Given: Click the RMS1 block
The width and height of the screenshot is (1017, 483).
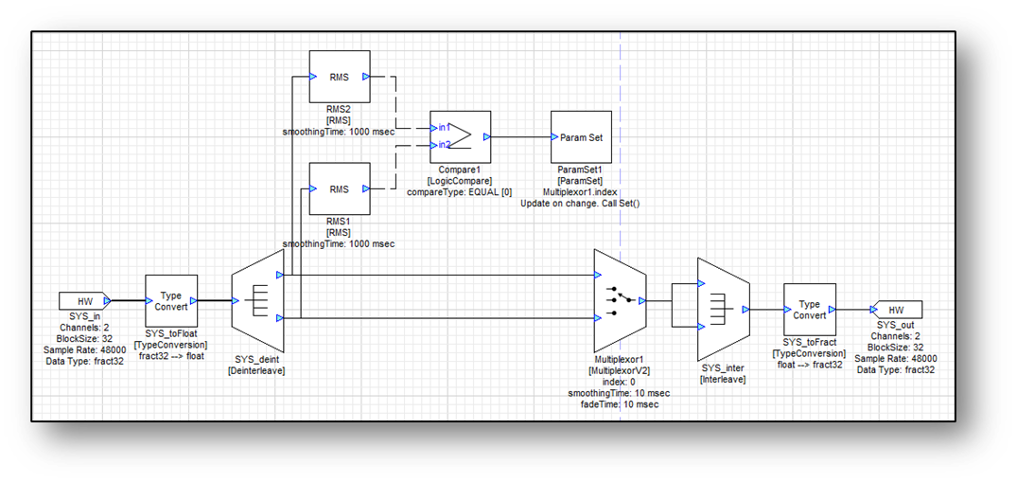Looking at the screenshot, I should click(x=340, y=188).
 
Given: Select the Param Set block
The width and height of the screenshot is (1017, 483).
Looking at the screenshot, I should click(x=582, y=137).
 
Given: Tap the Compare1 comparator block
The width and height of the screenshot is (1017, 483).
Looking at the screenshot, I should click(x=461, y=137).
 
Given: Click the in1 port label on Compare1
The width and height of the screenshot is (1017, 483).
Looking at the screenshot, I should click(x=444, y=127).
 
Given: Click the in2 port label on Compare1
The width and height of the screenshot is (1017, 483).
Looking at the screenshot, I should click(x=444, y=145).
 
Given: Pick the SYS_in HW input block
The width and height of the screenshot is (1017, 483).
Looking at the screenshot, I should click(x=85, y=300).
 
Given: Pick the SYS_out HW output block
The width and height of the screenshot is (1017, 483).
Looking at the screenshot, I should click(x=895, y=310).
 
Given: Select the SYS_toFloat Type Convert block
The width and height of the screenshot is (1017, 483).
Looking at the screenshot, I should click(x=171, y=300).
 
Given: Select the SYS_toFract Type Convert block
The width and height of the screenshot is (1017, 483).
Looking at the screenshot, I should click(x=810, y=310).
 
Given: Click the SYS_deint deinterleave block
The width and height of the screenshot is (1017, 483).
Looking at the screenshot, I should click(x=258, y=304).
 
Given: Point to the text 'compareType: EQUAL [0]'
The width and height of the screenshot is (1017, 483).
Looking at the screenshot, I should click(x=459, y=191).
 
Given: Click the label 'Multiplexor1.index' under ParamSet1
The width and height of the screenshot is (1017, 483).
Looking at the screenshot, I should click(x=581, y=191).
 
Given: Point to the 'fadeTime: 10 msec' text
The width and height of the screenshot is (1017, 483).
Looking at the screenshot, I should click(x=620, y=404).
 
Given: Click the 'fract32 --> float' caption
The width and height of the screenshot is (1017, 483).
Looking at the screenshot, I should click(x=171, y=356).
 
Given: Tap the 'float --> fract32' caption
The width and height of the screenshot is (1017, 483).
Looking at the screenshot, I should click(x=810, y=365).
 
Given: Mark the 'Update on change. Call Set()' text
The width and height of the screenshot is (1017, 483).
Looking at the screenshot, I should click(x=581, y=203).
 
